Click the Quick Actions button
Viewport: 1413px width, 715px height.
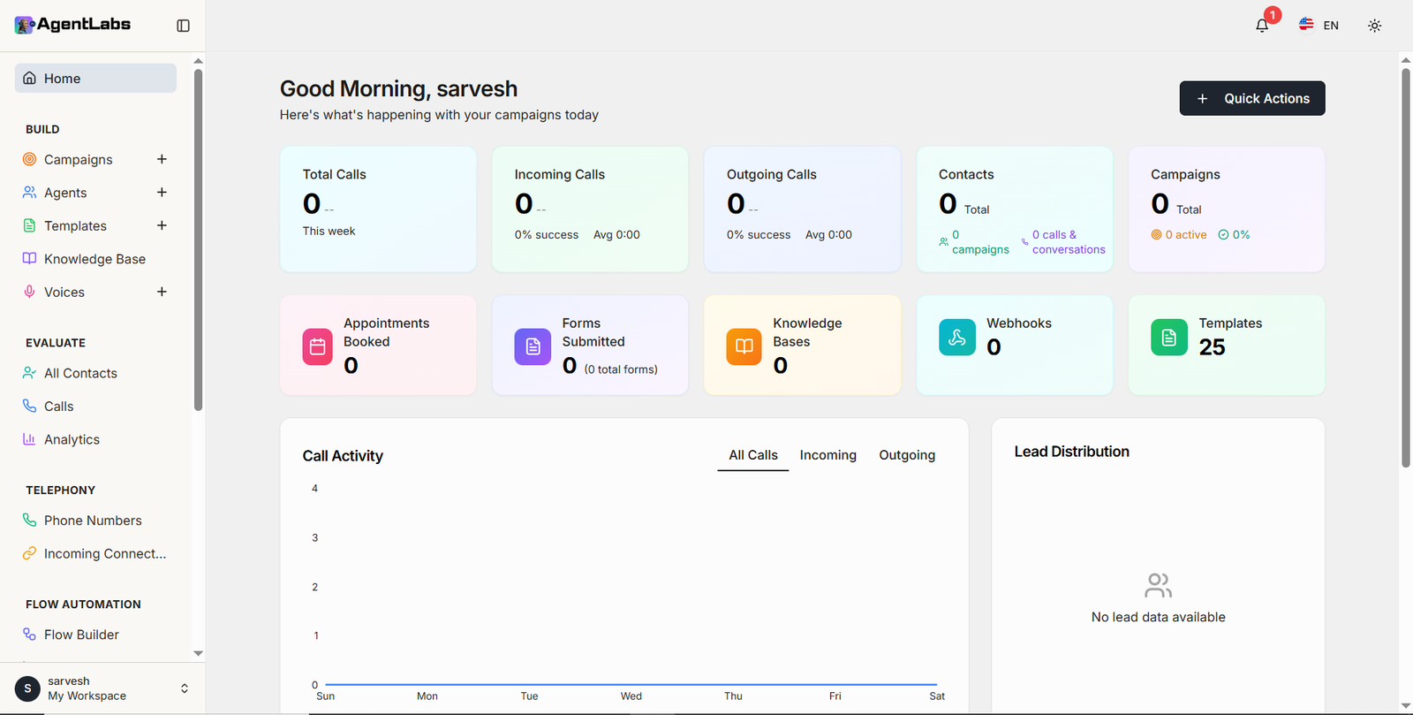click(1251, 98)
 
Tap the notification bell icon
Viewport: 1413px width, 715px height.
click(1262, 26)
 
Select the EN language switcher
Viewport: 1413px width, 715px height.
click(1319, 26)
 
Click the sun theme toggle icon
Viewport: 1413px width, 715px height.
click(1374, 26)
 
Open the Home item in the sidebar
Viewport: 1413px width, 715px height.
click(95, 79)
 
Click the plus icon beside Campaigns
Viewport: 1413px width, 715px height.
click(162, 159)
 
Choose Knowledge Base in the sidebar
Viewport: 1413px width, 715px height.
click(94, 259)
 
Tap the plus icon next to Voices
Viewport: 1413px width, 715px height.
click(162, 292)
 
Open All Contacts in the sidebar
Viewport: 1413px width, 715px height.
click(80, 373)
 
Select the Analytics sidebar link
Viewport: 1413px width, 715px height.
click(72, 439)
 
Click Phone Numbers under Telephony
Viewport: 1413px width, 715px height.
click(93, 521)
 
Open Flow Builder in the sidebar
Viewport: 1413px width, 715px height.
click(81, 635)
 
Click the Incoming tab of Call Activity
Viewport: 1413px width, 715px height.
click(827, 455)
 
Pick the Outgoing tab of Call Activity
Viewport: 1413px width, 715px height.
click(906, 455)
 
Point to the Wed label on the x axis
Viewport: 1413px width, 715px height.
click(631, 696)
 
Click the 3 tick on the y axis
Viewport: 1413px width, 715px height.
click(314, 537)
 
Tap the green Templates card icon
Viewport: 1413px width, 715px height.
click(1168, 338)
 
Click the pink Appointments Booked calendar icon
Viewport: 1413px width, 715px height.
click(317, 347)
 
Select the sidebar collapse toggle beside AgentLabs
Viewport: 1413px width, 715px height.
click(183, 26)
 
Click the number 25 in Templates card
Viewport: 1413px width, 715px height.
click(1212, 347)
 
